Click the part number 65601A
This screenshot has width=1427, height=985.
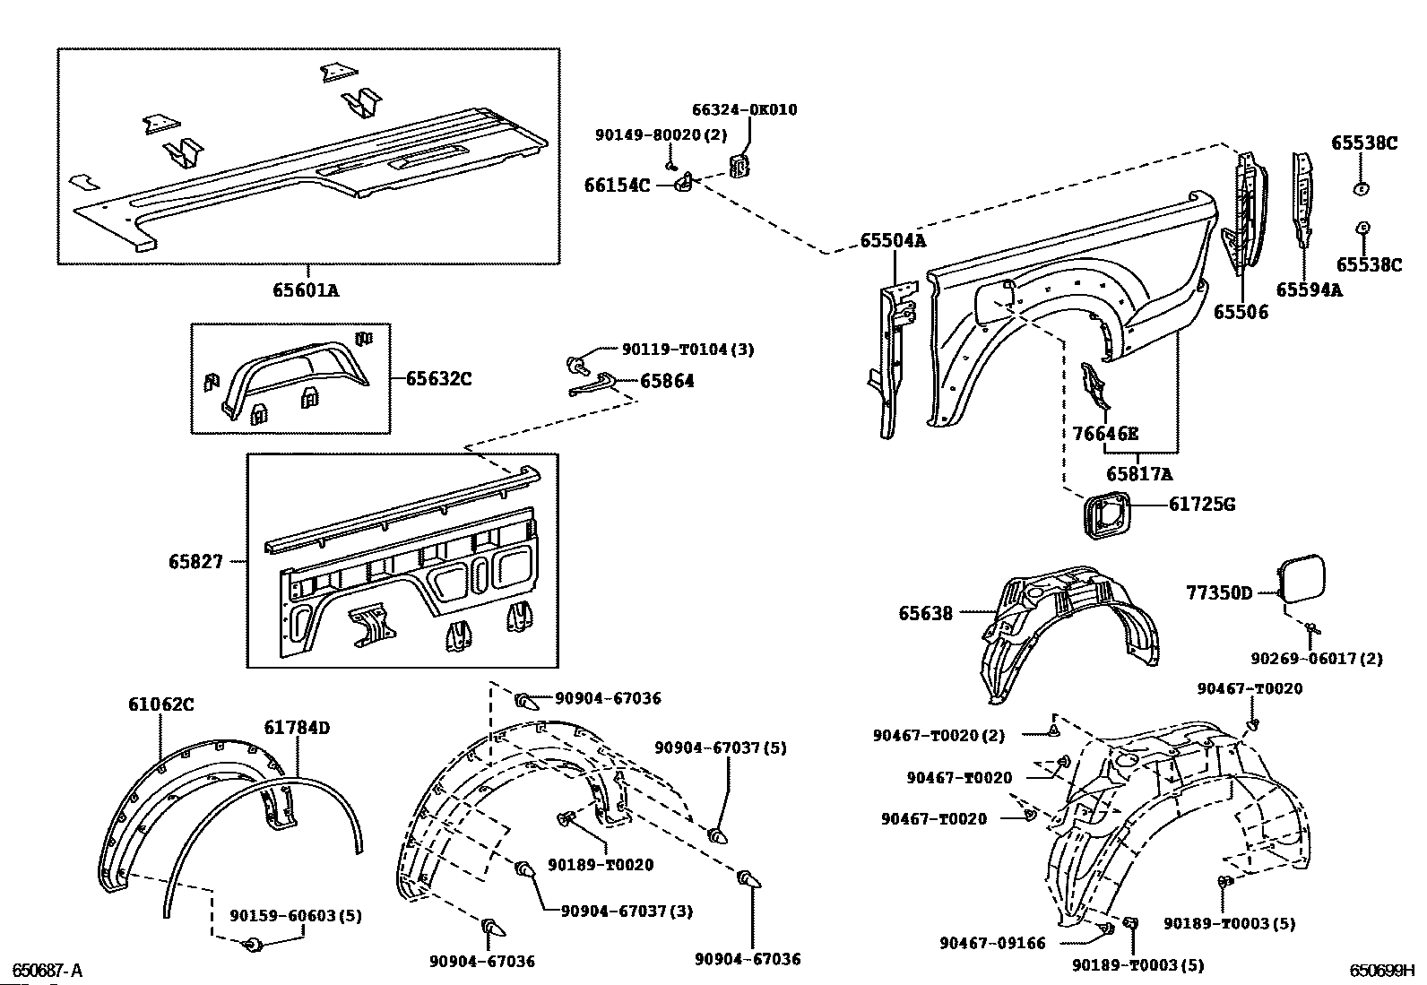(307, 289)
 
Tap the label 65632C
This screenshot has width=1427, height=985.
(438, 378)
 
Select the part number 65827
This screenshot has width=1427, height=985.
(195, 562)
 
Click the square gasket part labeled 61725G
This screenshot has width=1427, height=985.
(1103, 516)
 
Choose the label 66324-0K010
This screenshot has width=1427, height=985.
(744, 110)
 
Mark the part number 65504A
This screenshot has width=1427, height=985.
(893, 241)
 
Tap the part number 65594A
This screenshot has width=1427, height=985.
(1309, 289)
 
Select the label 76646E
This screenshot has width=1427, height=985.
(1105, 434)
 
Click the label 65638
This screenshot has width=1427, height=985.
(926, 614)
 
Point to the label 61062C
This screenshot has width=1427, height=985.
(160, 704)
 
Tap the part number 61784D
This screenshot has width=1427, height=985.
(297, 728)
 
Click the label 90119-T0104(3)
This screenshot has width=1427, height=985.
(688, 350)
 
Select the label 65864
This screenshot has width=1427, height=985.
(667, 381)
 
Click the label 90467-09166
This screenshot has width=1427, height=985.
(992, 943)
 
